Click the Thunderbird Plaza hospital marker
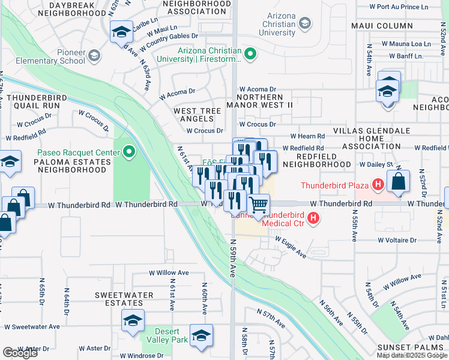tap(378, 185)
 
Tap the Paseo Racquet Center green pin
tap(129, 152)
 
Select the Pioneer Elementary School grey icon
tap(94, 56)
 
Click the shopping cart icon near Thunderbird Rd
tap(259, 205)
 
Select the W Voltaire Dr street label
tap(397, 240)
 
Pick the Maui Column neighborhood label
tap(387, 26)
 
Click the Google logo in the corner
tap(20, 353)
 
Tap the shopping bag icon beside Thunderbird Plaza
tap(398, 182)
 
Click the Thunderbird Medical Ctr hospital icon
tap(312, 220)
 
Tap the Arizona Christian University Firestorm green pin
tap(250, 55)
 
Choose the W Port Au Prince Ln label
tap(407, 7)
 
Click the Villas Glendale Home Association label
tap(372, 138)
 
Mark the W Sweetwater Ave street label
tap(32, 327)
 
